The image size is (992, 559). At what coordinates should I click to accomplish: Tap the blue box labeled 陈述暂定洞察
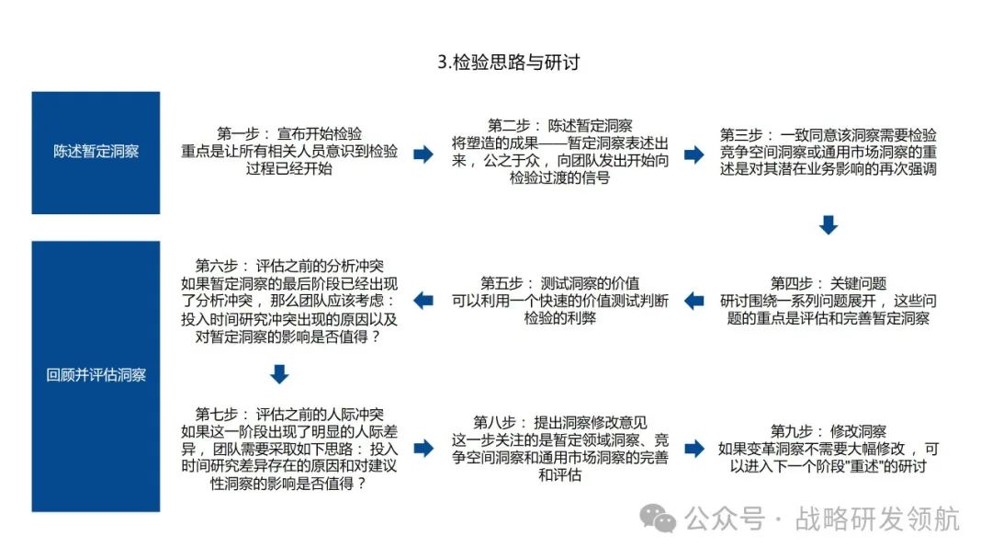(96, 153)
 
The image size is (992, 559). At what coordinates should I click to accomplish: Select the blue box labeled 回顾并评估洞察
(96, 375)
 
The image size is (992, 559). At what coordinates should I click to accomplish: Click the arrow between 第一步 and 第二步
(423, 154)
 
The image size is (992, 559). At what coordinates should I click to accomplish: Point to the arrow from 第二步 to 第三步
(694, 154)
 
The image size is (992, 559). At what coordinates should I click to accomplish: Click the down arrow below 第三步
(829, 225)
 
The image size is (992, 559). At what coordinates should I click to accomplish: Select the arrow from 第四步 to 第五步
(694, 301)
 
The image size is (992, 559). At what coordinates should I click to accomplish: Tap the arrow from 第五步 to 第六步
(423, 301)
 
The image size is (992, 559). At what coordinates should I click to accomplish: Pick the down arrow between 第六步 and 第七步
(280, 374)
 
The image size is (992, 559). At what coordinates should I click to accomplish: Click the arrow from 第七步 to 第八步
(423, 448)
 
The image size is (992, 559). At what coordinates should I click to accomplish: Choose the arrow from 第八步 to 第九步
(694, 448)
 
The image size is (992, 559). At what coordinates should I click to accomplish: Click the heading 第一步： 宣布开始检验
(289, 134)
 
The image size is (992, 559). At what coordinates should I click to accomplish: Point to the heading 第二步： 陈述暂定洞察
(559, 126)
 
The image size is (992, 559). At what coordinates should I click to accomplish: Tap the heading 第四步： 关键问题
(828, 283)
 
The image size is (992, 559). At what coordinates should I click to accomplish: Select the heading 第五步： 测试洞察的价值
(559, 283)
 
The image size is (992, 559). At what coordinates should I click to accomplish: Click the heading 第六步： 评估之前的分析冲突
(289, 266)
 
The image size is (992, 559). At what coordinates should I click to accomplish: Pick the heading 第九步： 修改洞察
(828, 431)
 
